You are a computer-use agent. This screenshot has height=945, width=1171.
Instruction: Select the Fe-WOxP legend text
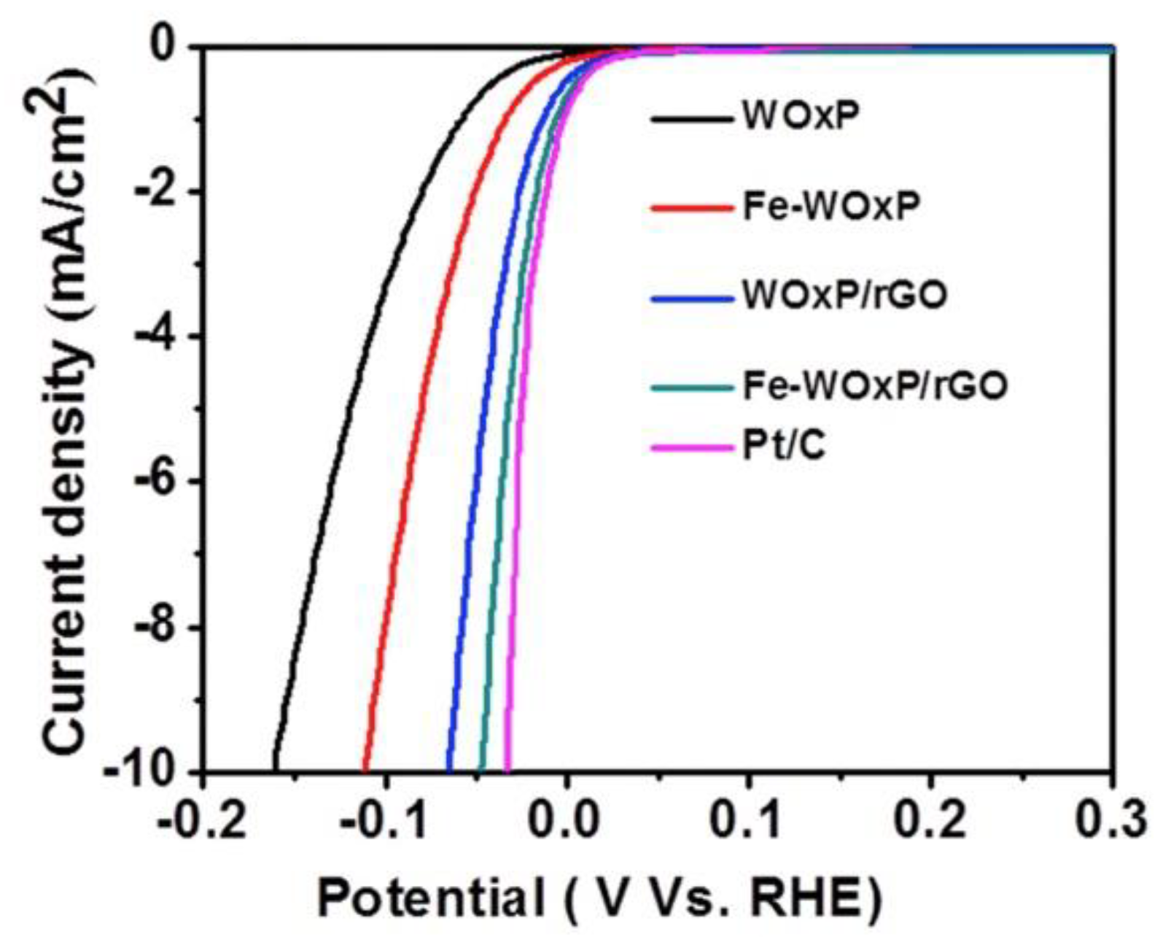(830, 207)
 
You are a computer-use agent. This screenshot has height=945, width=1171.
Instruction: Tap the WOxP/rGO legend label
(844, 296)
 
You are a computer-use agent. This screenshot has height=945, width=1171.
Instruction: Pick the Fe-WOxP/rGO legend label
(874, 385)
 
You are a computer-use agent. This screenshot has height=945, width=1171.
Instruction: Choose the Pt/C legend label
(784, 445)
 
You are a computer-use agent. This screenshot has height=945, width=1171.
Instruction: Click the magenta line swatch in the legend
(691, 447)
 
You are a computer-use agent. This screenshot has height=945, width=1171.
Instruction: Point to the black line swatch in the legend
(691, 119)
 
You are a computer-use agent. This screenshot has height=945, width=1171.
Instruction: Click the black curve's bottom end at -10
(275, 768)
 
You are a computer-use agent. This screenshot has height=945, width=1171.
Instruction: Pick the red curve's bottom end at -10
(365, 768)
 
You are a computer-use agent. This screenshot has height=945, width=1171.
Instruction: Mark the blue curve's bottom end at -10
(449, 768)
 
